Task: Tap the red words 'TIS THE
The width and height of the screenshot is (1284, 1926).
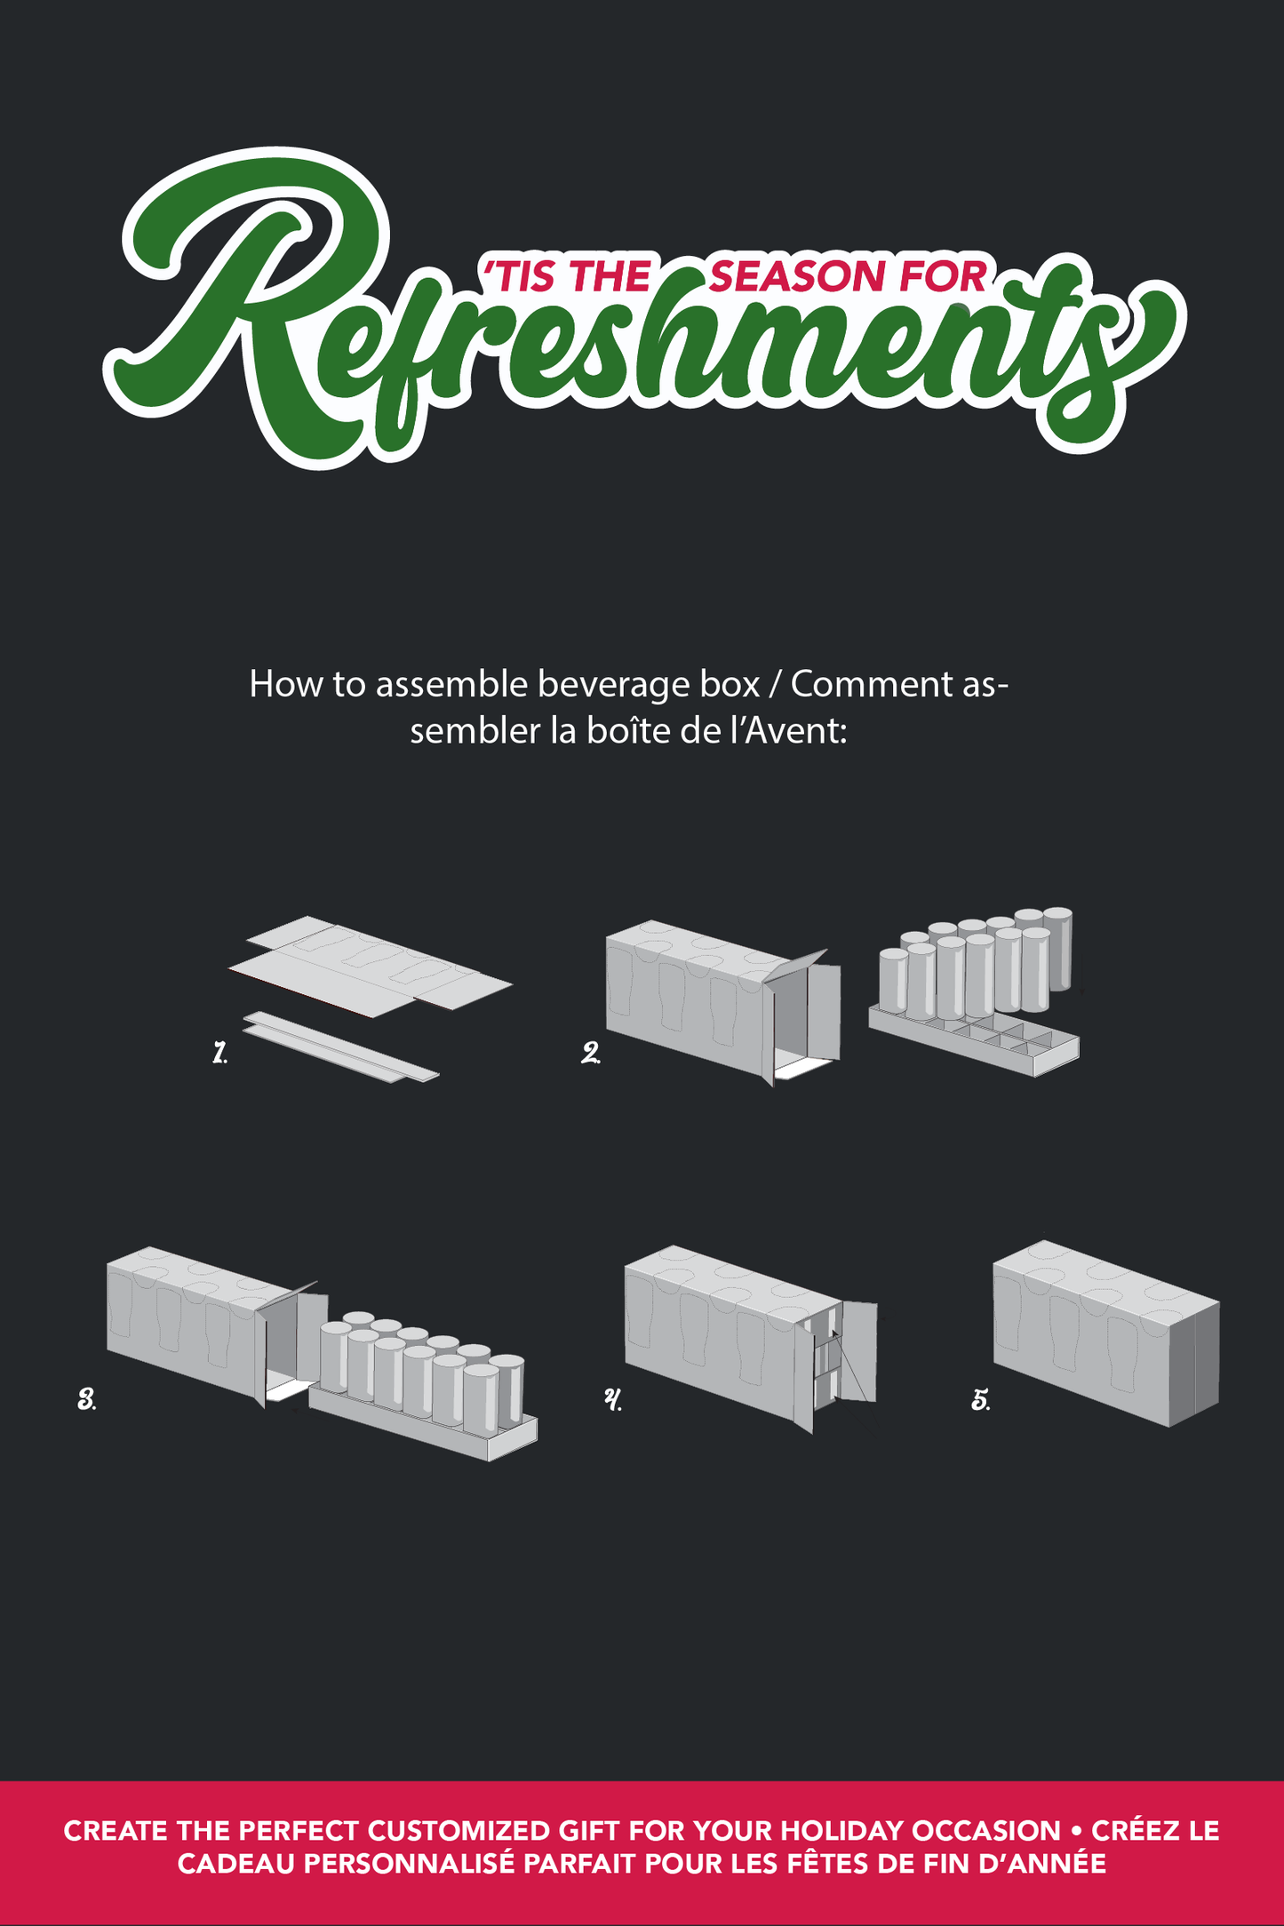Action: [x=565, y=276]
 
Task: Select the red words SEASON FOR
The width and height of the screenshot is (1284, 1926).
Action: [x=849, y=276]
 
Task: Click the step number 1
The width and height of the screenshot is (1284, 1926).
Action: [x=219, y=1054]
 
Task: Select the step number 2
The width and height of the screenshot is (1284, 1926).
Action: [x=591, y=1054]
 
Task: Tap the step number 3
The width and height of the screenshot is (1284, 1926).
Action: [x=87, y=1400]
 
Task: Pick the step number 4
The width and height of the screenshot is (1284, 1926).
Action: [x=613, y=1400]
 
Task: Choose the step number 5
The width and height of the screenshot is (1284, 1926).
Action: [x=981, y=1400]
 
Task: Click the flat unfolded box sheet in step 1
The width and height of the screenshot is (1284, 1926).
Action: [x=369, y=966]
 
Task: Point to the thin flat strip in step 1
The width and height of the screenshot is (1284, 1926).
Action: [x=341, y=1047]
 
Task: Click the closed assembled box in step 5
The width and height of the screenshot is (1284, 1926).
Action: [x=1105, y=1333]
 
